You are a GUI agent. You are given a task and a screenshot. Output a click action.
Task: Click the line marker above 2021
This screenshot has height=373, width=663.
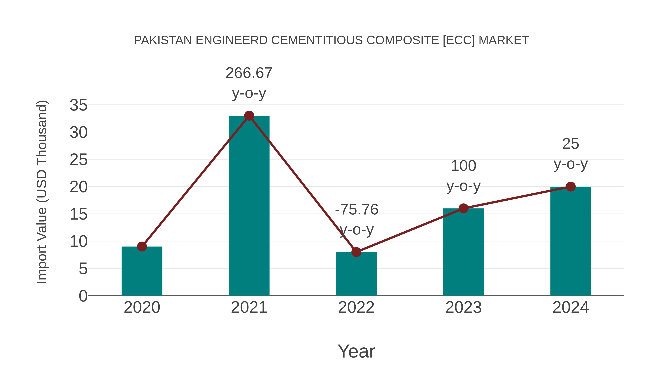tap(249, 116)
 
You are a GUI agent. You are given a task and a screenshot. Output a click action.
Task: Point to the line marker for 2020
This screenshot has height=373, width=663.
tap(142, 247)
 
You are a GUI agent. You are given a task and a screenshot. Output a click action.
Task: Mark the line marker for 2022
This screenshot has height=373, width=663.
tap(356, 252)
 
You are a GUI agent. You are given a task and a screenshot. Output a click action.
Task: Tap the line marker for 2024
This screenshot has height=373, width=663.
tap(571, 187)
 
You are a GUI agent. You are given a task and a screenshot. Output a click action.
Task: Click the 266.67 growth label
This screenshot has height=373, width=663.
tap(249, 73)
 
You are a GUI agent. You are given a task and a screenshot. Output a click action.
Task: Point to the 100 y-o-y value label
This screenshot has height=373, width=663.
tap(464, 166)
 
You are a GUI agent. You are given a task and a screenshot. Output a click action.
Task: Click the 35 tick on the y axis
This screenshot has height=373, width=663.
tap(78, 105)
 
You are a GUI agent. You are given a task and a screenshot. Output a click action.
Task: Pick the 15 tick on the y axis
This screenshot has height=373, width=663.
tap(78, 214)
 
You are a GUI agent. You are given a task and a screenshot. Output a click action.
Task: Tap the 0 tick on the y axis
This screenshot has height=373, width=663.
tap(83, 296)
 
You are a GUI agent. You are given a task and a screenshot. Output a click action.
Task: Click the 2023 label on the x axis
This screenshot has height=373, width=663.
tap(463, 307)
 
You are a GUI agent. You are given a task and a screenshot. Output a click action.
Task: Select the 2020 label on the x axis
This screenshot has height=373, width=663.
tap(142, 307)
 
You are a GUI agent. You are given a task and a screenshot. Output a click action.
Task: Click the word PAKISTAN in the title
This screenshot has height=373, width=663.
tap(163, 40)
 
